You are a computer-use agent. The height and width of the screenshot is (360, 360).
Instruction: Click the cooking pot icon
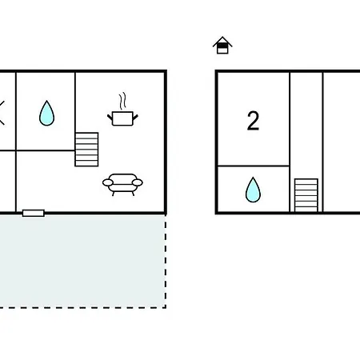click(x=122, y=118)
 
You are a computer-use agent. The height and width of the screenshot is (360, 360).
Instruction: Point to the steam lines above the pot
click(x=122, y=101)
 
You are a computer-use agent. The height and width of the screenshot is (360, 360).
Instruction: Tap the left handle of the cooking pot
click(x=110, y=118)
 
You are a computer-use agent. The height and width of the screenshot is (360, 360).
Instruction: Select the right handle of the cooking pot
click(x=135, y=118)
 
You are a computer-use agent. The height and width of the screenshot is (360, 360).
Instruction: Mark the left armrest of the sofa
click(x=108, y=182)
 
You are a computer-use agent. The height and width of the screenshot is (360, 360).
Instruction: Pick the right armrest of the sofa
click(x=138, y=182)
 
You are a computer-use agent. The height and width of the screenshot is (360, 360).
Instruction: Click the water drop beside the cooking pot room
click(x=46, y=113)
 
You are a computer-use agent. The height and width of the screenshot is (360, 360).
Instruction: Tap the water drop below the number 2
click(x=253, y=190)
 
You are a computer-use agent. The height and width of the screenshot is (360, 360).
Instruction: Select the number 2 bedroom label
click(x=253, y=121)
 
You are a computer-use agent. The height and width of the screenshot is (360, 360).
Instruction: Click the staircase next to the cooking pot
click(x=86, y=150)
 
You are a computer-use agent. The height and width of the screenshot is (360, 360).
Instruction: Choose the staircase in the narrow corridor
click(x=306, y=195)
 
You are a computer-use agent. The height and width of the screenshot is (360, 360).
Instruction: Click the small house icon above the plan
click(x=222, y=45)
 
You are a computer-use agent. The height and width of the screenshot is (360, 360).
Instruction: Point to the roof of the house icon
click(x=222, y=41)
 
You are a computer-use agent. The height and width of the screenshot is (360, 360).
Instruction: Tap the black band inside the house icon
click(x=222, y=46)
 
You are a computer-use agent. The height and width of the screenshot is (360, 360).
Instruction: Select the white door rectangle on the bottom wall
click(x=34, y=213)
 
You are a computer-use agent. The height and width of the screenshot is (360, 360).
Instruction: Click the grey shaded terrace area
click(x=82, y=261)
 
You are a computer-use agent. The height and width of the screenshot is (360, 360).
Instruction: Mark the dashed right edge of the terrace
click(x=166, y=261)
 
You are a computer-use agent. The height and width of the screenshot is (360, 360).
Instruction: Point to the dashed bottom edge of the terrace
click(x=82, y=307)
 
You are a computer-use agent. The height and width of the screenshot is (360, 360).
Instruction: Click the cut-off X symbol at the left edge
click(x=2, y=113)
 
